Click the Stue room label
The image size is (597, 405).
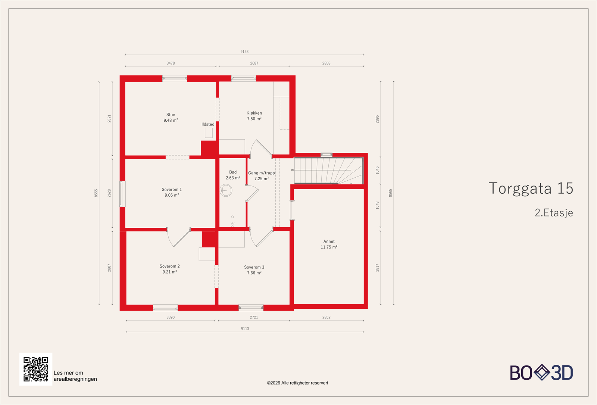tap(171, 118)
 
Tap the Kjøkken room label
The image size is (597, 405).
tap(254, 116)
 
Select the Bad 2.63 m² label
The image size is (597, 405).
tap(233, 175)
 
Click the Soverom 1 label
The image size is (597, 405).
tap(172, 192)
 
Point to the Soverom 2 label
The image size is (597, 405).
tap(170, 269)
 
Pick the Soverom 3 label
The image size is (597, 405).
tap(254, 270)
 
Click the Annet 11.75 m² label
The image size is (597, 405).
tap(329, 244)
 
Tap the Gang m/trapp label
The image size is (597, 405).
tap(262, 176)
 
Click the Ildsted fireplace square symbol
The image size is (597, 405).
tap(209, 133)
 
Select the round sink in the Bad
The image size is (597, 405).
tap(226, 190)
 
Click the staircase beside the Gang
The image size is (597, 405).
tap(328, 171)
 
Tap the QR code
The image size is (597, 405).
tap(36, 369)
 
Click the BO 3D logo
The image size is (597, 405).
tap(541, 373)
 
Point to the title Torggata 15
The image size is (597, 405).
tap(531, 189)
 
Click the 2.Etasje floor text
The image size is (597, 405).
tap(554, 213)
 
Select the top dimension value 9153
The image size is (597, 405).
tap(244, 52)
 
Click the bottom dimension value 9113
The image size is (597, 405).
tap(245, 328)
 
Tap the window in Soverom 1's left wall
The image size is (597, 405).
tap(122, 194)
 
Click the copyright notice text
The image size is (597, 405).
tap(297, 383)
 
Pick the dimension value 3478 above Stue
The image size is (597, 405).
tap(171, 63)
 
